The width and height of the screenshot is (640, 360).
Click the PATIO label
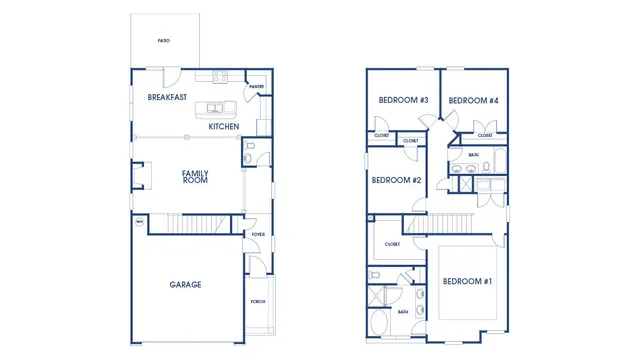(163, 41)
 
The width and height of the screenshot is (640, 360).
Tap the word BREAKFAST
(167, 97)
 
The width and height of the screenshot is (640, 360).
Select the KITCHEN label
(223, 127)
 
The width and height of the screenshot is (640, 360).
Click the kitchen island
(221, 108)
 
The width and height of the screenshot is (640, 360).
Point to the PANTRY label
(256, 87)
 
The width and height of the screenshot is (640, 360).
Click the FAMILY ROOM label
(194, 176)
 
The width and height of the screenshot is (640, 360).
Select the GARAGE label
(185, 285)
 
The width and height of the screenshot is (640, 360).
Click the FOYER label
(257, 235)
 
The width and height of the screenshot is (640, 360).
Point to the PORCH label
(257, 301)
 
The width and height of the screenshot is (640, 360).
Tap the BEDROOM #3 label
(403, 101)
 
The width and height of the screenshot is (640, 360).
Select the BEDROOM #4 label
(473, 101)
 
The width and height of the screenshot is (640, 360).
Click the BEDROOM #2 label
(396, 181)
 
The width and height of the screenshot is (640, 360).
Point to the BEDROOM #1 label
(467, 281)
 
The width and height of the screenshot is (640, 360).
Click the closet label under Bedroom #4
(485, 135)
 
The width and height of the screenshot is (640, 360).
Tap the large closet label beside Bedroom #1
(392, 244)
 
